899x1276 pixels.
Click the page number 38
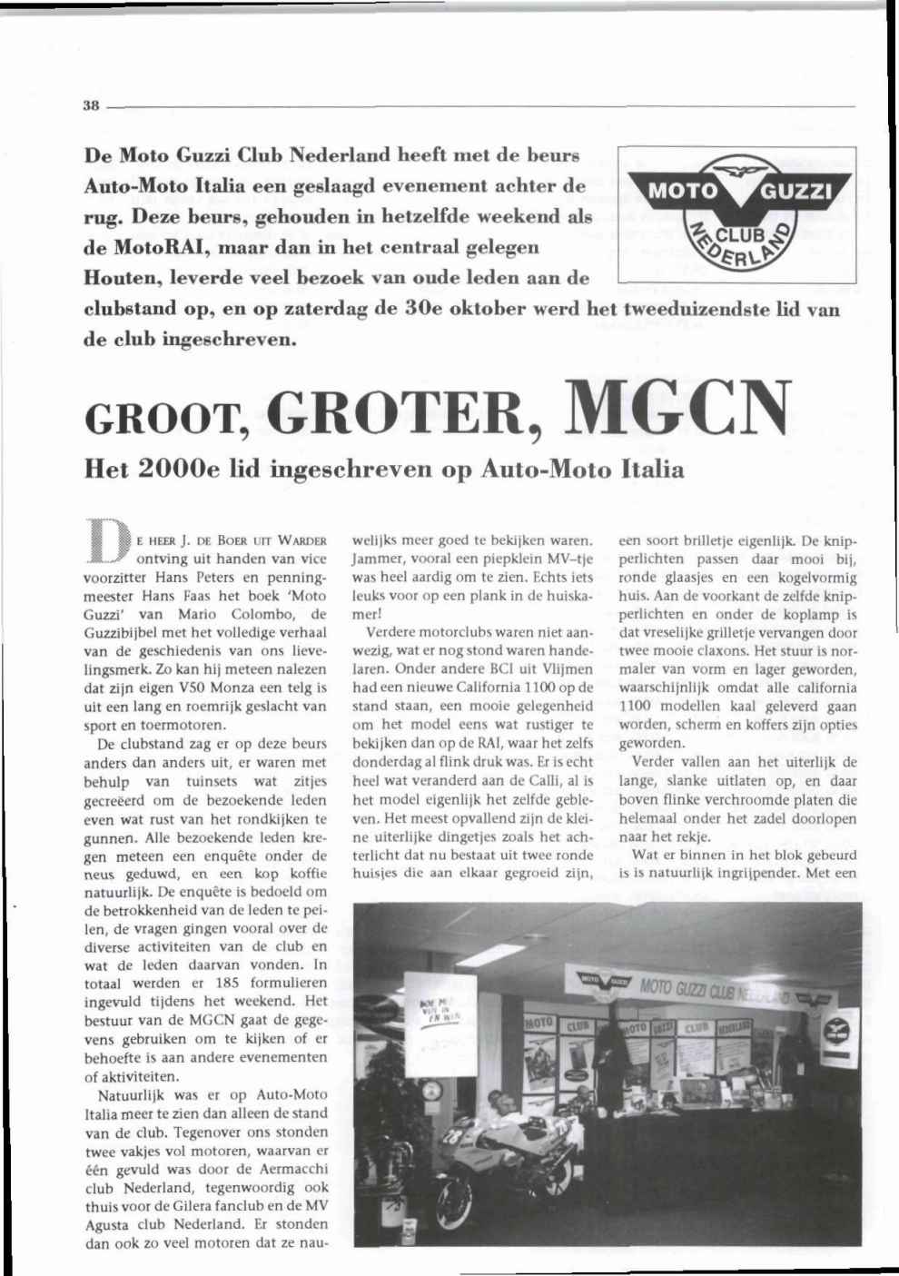[x=90, y=104]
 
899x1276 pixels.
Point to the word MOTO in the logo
[x=684, y=193]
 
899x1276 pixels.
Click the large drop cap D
[x=106, y=544]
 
